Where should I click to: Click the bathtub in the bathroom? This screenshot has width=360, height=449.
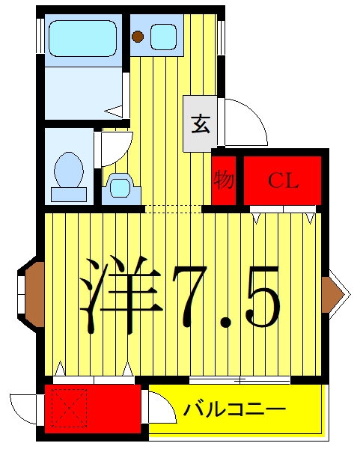tap(83, 38)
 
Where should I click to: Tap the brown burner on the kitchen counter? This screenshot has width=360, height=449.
tap(138, 36)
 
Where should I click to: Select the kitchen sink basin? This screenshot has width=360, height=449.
tap(163, 37)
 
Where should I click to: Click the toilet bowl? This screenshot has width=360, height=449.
tap(69, 170)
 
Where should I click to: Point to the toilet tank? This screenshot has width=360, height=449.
tap(69, 195)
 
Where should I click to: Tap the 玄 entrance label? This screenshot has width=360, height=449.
tap(201, 124)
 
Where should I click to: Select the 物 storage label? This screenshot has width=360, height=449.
tap(224, 180)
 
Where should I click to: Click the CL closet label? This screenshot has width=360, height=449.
tap(283, 180)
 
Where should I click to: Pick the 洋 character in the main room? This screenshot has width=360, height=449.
tap(120, 296)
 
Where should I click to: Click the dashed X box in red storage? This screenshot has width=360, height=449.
tap(69, 408)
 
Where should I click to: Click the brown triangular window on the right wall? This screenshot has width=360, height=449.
tap(333, 294)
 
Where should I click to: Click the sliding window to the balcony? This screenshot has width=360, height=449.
tap(240, 380)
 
